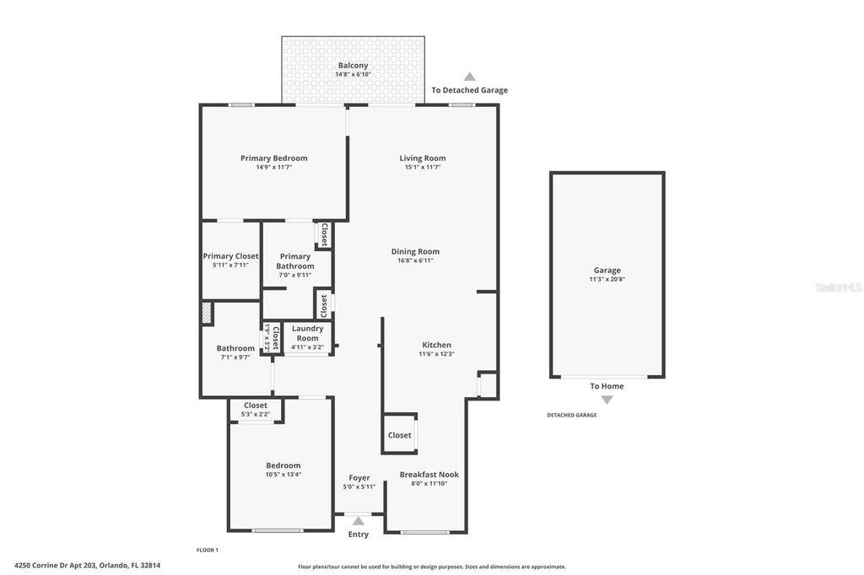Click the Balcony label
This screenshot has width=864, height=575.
[x=353, y=66]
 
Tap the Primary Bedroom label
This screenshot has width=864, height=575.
[x=273, y=159]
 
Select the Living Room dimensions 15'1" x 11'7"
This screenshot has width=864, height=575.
[x=422, y=168]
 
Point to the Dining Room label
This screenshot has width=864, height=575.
[x=414, y=251]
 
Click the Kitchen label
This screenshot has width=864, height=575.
[x=436, y=345]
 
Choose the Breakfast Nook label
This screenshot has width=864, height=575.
[x=429, y=475]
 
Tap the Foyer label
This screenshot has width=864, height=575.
[x=359, y=478]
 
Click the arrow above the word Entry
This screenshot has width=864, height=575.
[x=359, y=521]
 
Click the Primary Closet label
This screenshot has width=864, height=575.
[x=230, y=256]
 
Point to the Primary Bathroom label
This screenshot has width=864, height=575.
[x=295, y=261]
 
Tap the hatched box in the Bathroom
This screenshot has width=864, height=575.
[x=206, y=314]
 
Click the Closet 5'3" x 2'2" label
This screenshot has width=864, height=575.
[x=256, y=406]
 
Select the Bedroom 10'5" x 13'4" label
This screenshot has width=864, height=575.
[x=283, y=465]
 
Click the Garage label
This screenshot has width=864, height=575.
[x=607, y=271]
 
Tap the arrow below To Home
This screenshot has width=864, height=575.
[x=607, y=400]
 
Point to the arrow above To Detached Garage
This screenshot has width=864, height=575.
[x=469, y=77]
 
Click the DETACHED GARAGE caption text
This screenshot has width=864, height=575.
[x=571, y=415]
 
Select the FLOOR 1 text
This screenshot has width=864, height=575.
[x=208, y=550]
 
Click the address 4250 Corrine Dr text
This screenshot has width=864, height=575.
[x=87, y=566]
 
